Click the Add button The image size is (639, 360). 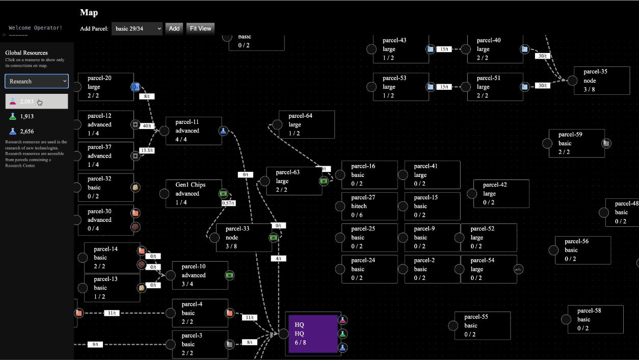pyautogui.click(x=174, y=29)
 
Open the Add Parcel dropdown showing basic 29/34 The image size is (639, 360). pyautogui.click(x=137, y=29)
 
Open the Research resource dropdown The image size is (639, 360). pyautogui.click(x=37, y=81)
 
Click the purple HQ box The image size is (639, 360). pyautogui.click(x=313, y=333)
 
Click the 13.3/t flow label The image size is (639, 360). pyautogui.click(x=147, y=150)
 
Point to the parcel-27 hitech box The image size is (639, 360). pyautogui.click(x=369, y=206)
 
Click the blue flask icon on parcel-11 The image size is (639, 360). pyautogui.click(x=223, y=131)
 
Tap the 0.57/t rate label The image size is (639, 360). pyautogui.click(x=228, y=203)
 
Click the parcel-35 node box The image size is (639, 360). pyautogui.click(x=601, y=81)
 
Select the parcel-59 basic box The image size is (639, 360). pyautogui.click(x=576, y=143)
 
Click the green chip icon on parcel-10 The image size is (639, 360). pyautogui.click(x=229, y=275)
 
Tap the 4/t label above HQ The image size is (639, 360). pyautogui.click(x=279, y=259)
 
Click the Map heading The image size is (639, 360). pyautogui.click(x=89, y=13)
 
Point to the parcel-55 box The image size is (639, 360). pyautogui.click(x=482, y=325)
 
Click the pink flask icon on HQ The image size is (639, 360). pyautogui.click(x=343, y=320)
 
